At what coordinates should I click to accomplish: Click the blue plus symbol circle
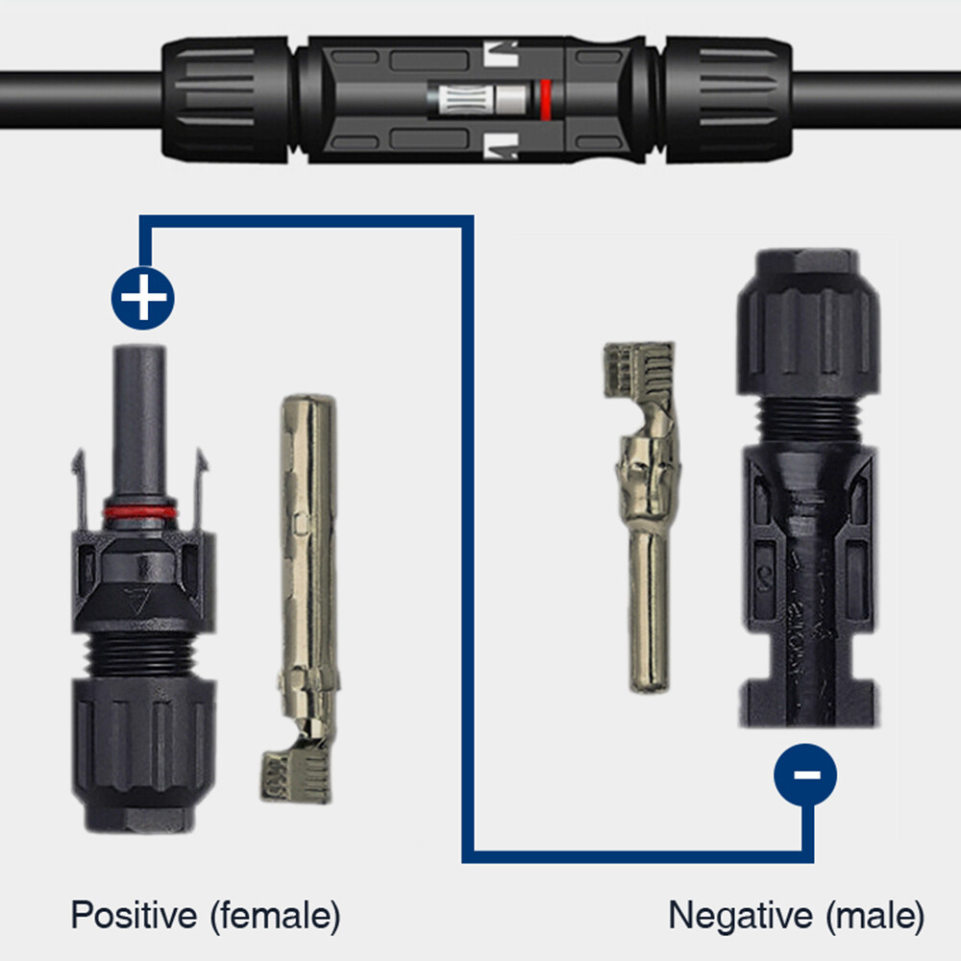point(143,298)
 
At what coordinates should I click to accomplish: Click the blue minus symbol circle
point(805,775)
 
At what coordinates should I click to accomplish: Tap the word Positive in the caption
point(135,915)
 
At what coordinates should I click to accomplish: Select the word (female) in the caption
point(275,916)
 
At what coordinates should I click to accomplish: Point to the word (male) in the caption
point(875,916)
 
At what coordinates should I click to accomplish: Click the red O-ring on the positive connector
point(140,513)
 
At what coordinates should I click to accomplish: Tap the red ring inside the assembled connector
point(545,99)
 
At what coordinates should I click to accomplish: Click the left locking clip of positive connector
point(79,490)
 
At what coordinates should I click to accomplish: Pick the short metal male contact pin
point(646,516)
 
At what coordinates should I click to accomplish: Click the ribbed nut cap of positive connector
point(144,753)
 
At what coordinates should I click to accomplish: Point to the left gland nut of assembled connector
point(226,99)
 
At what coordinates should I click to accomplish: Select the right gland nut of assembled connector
point(728,99)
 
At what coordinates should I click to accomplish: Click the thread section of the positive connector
point(142,653)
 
